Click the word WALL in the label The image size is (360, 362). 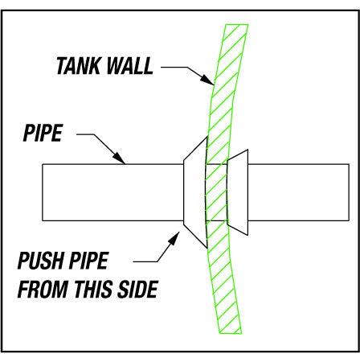click(x=130, y=66)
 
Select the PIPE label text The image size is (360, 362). click(x=43, y=133)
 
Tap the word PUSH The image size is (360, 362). click(x=40, y=260)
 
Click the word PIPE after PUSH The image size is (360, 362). click(x=88, y=260)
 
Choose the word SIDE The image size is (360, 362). click(x=137, y=289)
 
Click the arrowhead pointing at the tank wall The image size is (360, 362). click(x=207, y=80)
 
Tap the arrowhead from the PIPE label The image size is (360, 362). click(x=119, y=158)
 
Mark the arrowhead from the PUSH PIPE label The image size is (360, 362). click(x=174, y=238)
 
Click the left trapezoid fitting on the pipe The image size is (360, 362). click(x=195, y=192)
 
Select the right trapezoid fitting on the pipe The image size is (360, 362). click(x=237, y=192)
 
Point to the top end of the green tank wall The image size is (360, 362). click(x=236, y=25)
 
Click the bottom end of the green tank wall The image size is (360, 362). click(x=231, y=333)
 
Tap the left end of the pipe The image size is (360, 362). click(x=43, y=192)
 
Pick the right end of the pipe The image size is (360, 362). click(x=349, y=192)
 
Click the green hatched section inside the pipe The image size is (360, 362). click(x=216, y=192)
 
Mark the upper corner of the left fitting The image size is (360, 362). click(x=207, y=138)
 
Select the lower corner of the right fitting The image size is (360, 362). click(x=247, y=235)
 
